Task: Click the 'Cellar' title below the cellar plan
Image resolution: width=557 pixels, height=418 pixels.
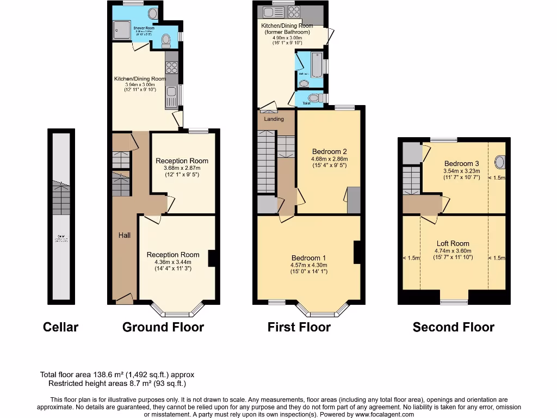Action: (60, 327)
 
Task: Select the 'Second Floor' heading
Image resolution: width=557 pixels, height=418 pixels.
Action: (453, 327)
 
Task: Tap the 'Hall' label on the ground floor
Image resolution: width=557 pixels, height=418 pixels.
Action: (125, 235)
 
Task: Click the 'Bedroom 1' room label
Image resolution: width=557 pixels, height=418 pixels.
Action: (309, 257)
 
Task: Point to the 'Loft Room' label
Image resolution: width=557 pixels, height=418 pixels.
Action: (453, 243)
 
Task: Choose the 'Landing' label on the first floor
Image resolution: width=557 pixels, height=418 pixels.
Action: (274, 119)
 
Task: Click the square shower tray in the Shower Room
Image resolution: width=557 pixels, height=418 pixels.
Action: (121, 31)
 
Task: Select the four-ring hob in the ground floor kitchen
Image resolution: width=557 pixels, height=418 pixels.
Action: (172, 67)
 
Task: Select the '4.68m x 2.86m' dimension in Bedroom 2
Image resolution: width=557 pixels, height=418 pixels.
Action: (330, 159)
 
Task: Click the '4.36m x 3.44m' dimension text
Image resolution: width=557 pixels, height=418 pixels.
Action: (173, 262)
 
